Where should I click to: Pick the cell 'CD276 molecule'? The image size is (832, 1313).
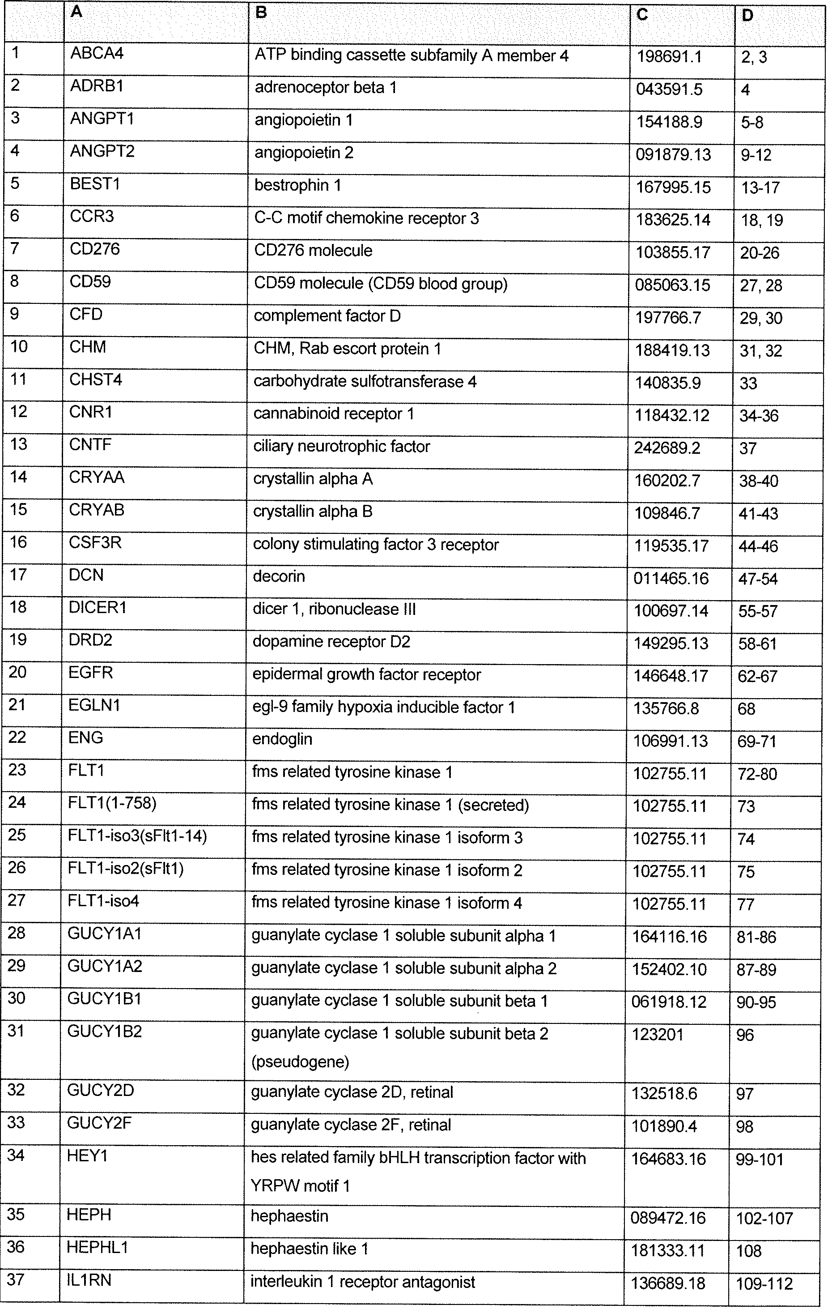(x=313, y=250)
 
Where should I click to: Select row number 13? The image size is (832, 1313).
(x=18, y=444)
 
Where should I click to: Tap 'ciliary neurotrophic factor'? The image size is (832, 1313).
(x=342, y=447)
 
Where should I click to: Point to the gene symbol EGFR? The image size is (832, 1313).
(x=90, y=673)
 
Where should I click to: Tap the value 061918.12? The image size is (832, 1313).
(x=669, y=1002)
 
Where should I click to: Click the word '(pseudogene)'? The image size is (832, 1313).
(x=300, y=1061)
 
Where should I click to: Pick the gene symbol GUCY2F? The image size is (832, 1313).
(x=99, y=1123)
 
